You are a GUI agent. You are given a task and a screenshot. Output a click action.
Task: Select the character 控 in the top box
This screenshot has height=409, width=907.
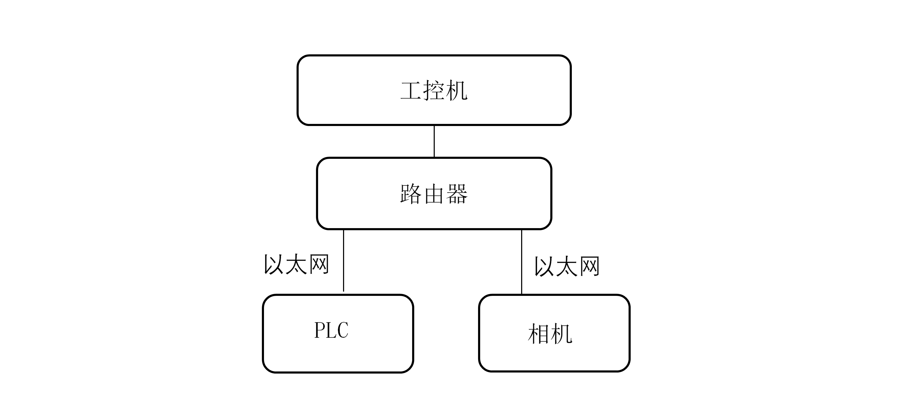click(434, 91)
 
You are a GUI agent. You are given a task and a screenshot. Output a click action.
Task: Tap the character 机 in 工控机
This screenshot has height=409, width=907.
click(456, 91)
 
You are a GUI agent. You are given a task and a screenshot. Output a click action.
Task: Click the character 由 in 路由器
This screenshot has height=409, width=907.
click(434, 193)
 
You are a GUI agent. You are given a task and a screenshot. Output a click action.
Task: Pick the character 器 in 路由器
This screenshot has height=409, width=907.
click(457, 193)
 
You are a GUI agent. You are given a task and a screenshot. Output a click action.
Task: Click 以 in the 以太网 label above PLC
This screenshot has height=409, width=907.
click(274, 264)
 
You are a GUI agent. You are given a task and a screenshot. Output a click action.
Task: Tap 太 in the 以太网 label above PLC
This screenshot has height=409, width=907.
click(297, 264)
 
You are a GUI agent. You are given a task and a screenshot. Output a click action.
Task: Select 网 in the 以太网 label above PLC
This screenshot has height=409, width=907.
click(319, 264)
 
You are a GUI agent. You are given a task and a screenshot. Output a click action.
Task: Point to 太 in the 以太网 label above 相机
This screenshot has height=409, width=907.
click(567, 266)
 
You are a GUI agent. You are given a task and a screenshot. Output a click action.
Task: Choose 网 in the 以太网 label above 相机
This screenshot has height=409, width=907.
click(589, 266)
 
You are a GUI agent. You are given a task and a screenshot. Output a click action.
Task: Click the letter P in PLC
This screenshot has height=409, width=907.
click(320, 330)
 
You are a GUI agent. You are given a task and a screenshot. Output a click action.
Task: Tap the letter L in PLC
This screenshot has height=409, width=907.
click(331, 330)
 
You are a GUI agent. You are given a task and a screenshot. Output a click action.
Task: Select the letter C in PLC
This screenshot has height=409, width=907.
click(343, 330)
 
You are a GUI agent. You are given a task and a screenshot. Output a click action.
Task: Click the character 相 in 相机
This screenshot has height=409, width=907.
click(539, 334)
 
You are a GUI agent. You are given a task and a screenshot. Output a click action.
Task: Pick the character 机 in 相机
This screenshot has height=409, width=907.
click(561, 334)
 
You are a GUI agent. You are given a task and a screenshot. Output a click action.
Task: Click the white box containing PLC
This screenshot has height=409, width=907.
click(337, 352)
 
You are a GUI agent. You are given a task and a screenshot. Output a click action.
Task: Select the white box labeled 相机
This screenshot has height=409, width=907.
click(559, 352)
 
